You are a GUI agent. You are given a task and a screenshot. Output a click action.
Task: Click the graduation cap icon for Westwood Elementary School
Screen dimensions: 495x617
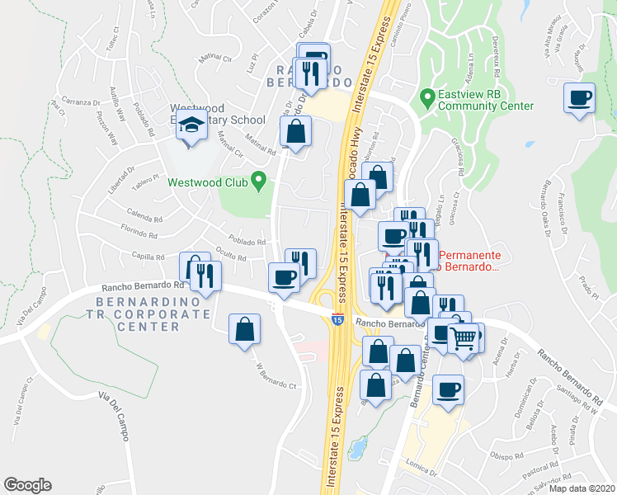click(192, 126)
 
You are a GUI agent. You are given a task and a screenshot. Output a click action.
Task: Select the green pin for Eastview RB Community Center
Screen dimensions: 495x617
click(427, 98)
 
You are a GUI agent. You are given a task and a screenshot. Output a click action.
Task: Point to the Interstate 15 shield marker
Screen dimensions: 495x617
click(337, 318)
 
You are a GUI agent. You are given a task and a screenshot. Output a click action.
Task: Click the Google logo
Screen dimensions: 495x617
click(27, 485)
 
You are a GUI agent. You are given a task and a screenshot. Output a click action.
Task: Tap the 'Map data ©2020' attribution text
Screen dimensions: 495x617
click(582, 488)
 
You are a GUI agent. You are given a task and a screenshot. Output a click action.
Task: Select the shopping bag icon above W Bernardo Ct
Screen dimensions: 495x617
click(245, 329)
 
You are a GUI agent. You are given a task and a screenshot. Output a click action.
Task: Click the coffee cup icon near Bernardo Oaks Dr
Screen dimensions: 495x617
click(580, 97)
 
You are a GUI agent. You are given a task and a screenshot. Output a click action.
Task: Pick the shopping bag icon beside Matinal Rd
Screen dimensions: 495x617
click(295, 130)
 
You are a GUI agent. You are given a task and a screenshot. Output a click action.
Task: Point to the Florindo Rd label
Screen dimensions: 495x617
click(138, 233)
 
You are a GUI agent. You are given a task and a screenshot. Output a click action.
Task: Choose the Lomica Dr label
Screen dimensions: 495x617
click(422, 473)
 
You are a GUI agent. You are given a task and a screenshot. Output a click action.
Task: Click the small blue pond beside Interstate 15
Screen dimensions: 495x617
click(357, 449)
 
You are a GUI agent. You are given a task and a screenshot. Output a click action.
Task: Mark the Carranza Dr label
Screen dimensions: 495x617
click(79, 102)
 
